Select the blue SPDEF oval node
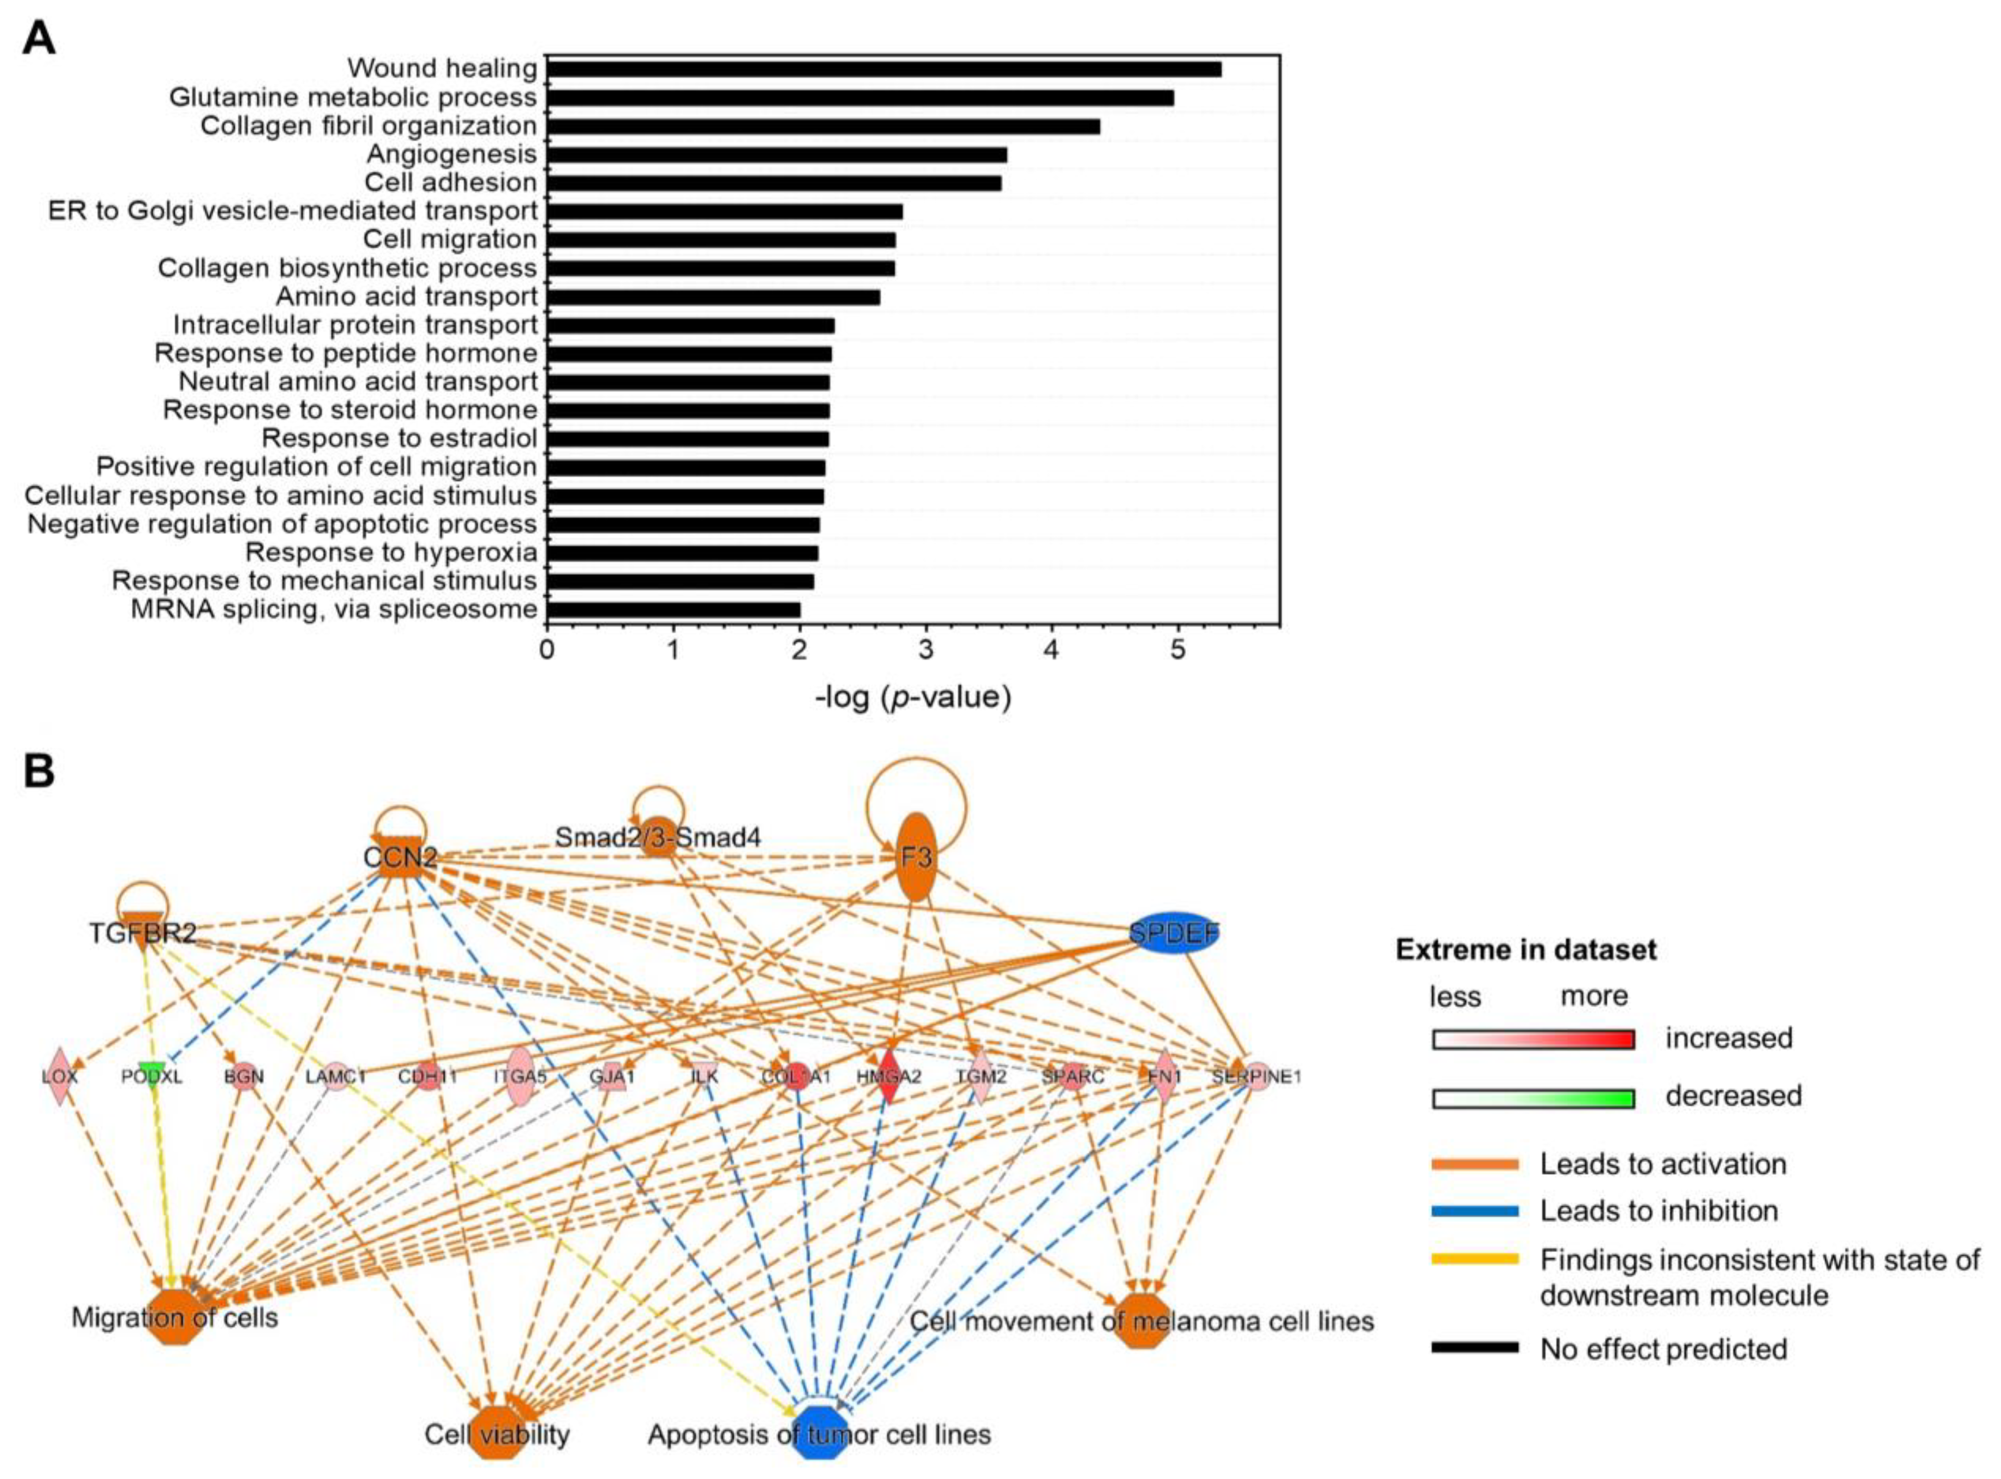coord(1173,934)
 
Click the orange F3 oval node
coord(915,857)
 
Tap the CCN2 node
coord(401,857)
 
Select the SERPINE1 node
coord(1256,1076)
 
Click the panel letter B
coord(38,772)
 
